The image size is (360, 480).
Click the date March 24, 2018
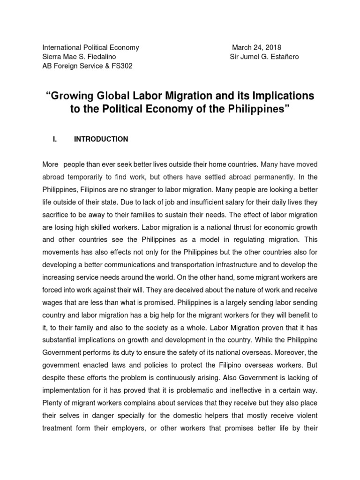(x=257, y=47)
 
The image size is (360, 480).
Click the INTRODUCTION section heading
(x=101, y=139)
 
